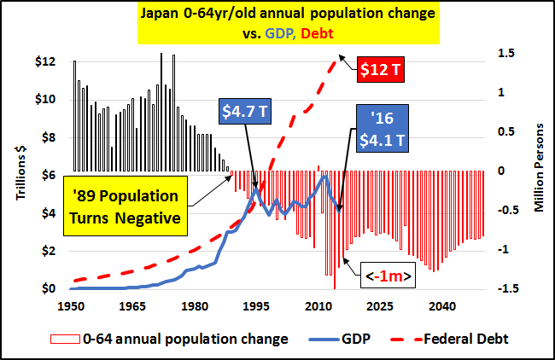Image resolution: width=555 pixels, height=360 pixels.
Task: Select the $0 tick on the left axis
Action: (x=48, y=288)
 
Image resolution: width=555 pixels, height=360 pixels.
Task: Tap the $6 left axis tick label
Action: (x=48, y=176)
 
